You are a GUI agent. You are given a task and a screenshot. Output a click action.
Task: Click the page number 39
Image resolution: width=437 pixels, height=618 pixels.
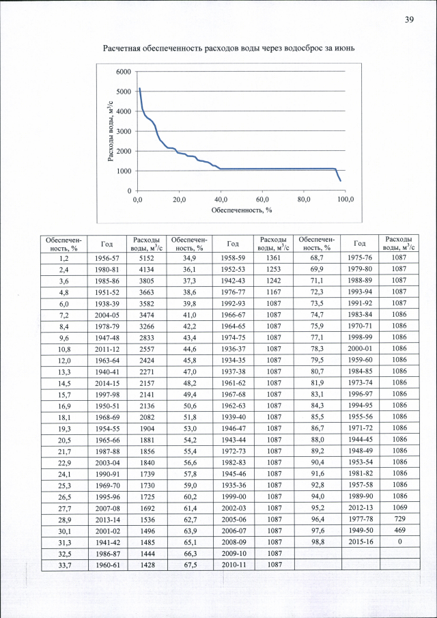click(410, 19)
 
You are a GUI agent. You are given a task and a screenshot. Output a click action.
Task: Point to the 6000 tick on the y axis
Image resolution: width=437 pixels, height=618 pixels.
click(123, 72)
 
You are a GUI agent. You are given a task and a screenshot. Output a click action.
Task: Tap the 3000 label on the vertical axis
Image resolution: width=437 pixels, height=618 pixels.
click(123, 131)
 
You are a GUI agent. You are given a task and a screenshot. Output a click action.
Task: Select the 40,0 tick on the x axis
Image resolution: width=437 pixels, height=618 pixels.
click(221, 199)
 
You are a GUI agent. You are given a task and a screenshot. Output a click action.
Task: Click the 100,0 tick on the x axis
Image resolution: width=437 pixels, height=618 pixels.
click(346, 199)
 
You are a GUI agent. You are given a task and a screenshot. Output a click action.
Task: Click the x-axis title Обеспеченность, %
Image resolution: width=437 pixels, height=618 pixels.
click(242, 210)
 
